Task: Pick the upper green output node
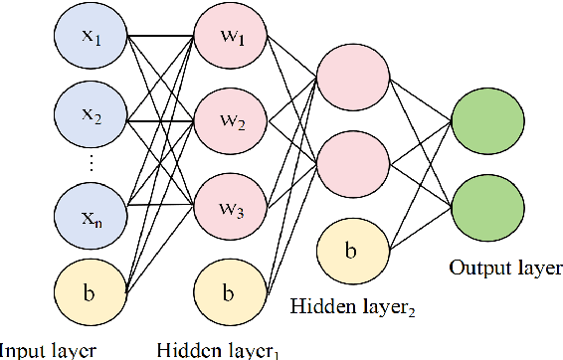coord(487,122)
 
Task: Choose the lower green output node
coord(487,208)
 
